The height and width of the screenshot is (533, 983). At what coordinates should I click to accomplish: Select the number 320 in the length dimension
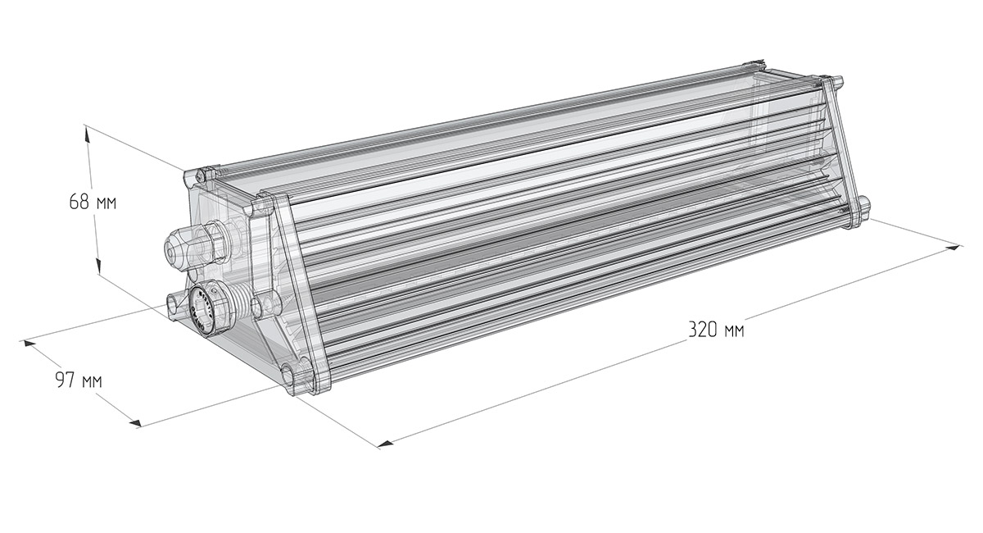pos(702,329)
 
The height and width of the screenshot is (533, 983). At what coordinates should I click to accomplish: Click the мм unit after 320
pos(733,331)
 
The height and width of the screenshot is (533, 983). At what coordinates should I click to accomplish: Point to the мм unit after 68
pos(106,204)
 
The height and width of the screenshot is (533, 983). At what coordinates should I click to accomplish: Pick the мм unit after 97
pos(90,382)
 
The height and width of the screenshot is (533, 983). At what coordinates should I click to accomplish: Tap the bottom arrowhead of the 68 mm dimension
pos(99,266)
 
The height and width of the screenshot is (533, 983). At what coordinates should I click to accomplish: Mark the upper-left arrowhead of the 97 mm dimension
pos(29,344)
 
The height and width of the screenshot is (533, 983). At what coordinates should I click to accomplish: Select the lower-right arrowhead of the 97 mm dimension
pos(134,422)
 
